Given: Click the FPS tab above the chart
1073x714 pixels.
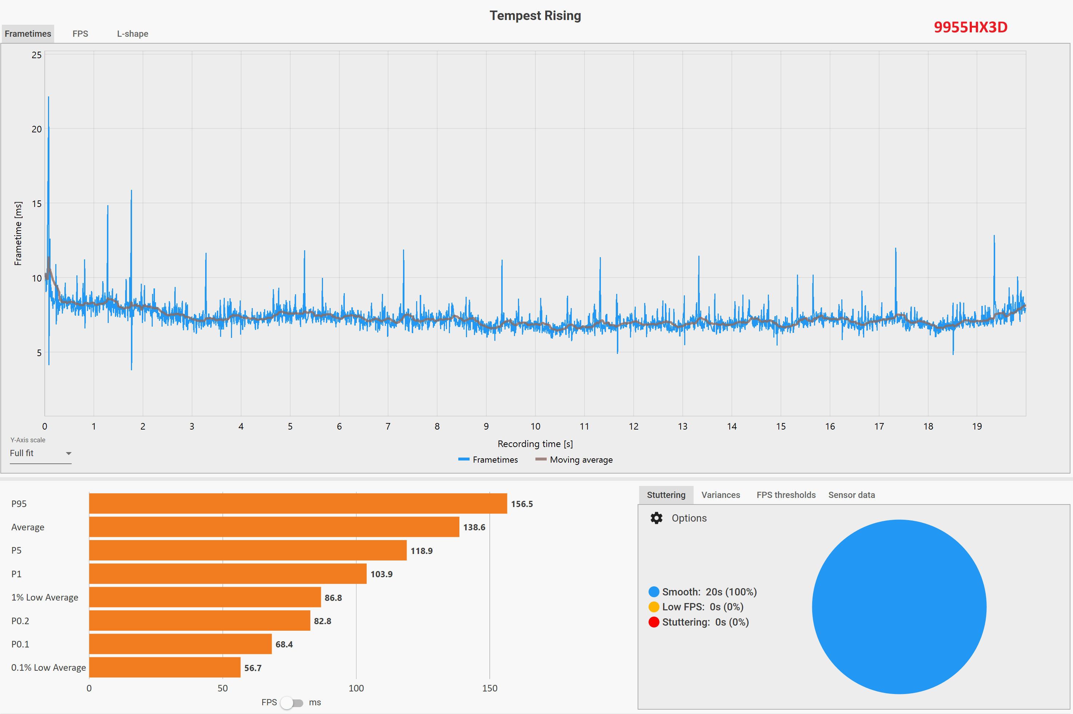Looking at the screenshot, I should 80,34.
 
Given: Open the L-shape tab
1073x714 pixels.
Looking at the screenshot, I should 132,34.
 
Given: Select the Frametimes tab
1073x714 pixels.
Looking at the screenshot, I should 28,34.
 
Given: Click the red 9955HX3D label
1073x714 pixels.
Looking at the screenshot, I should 970,27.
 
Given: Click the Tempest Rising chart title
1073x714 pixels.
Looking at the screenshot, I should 535,16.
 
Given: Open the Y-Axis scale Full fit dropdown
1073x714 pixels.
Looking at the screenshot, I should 40,453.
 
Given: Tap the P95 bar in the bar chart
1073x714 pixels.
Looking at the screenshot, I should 298,504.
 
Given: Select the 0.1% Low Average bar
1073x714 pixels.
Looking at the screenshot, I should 164,667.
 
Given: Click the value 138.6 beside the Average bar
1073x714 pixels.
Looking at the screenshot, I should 474,527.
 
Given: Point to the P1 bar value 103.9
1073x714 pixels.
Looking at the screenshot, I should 381,574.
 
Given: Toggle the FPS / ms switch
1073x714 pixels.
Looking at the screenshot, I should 291,703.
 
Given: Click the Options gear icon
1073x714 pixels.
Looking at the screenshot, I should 656,518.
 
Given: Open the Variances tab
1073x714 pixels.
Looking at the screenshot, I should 720,495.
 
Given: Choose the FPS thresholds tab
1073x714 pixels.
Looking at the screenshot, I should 786,495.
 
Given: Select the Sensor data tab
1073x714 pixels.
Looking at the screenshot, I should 851,495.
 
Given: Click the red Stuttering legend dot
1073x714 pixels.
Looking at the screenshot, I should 654,622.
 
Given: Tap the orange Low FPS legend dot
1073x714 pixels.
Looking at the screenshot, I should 654,607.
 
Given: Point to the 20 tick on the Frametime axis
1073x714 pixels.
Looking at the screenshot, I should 36,129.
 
